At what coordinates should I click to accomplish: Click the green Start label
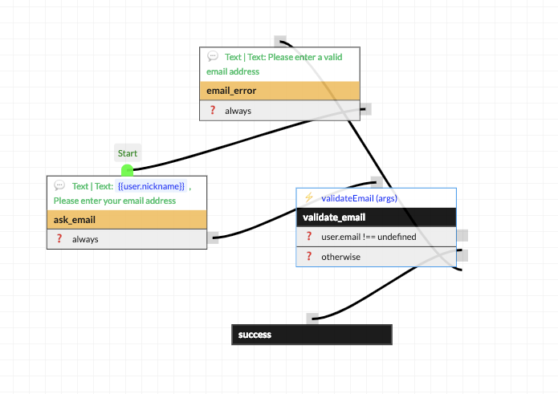tap(128, 153)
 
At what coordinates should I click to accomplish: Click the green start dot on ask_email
tap(127, 170)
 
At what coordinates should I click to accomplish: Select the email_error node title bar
tap(279, 91)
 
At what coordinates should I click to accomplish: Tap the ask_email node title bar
tap(127, 219)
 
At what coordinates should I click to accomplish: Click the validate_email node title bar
tap(376, 217)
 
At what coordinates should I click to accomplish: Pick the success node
tap(312, 335)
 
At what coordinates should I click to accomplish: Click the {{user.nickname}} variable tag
tap(151, 186)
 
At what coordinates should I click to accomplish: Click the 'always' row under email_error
tap(279, 111)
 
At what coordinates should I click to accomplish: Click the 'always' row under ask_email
tap(127, 239)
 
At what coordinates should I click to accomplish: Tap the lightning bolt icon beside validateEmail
tap(309, 197)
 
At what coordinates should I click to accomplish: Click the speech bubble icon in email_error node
tap(213, 57)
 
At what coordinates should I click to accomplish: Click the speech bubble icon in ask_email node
tap(60, 185)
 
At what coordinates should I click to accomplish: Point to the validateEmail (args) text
tap(360, 197)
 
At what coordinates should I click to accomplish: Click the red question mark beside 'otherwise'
tap(309, 257)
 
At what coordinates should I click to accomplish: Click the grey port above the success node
tap(312, 319)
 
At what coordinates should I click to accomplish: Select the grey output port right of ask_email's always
tap(213, 238)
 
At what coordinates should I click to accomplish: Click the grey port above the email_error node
tap(279, 40)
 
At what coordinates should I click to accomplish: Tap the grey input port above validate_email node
tap(377, 181)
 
